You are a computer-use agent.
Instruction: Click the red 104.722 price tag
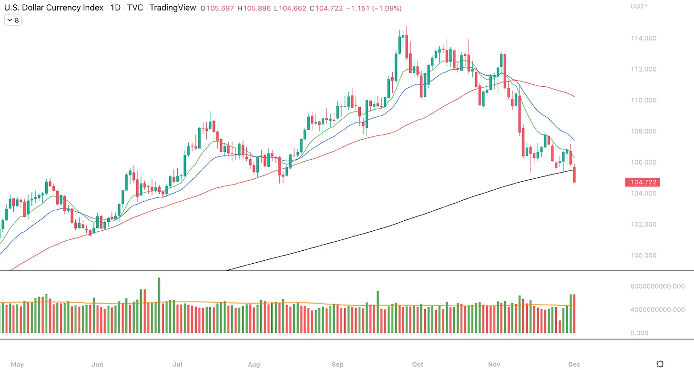pos(643,182)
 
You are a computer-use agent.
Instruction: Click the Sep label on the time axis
pos(337,365)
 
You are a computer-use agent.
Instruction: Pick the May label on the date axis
pos(17,365)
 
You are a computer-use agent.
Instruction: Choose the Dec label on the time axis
pos(574,365)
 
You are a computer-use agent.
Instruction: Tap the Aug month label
pos(254,365)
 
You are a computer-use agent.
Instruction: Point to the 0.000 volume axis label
pos(639,333)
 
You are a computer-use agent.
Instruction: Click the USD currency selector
pos(639,6)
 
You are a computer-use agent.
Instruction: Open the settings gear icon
pos(660,364)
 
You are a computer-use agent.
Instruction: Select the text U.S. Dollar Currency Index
pos(53,8)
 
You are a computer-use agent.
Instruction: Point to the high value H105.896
pos(255,8)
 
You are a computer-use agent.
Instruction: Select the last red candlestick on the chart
pos(574,175)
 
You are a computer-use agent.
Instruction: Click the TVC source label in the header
pos(136,8)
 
